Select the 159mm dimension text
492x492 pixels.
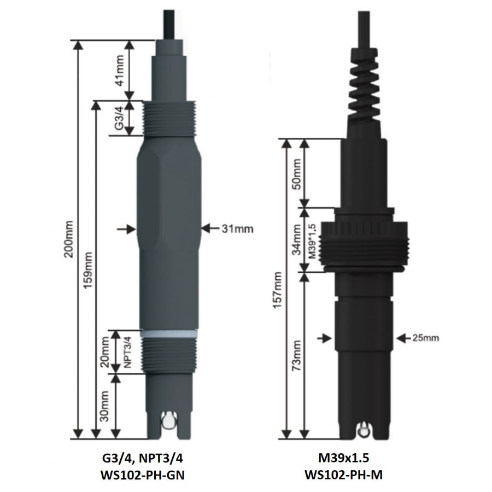(x=87, y=270)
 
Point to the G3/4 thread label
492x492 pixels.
(x=119, y=118)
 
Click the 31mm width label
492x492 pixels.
(x=237, y=229)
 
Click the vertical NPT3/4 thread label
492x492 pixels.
(x=126, y=352)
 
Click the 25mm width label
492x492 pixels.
(x=424, y=338)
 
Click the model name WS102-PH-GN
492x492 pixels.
(x=143, y=475)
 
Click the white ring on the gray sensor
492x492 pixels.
(x=168, y=332)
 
